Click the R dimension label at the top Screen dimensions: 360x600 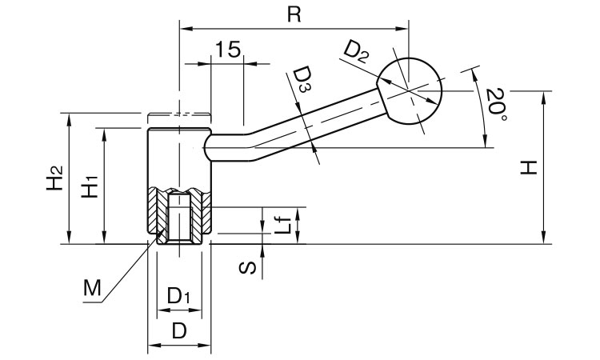click(x=294, y=16)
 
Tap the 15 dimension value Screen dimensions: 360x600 click(x=228, y=50)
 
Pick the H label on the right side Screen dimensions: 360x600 click(x=528, y=167)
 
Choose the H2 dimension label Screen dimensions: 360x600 click(x=53, y=178)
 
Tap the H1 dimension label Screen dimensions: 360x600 click(x=90, y=186)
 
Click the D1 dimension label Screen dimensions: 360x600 click(x=178, y=296)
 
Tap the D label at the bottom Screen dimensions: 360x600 click(x=179, y=330)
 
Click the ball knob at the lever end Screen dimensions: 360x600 click(x=410, y=90)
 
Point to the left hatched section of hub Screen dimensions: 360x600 click(x=157, y=214)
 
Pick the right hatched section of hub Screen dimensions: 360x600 click(x=202, y=214)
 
